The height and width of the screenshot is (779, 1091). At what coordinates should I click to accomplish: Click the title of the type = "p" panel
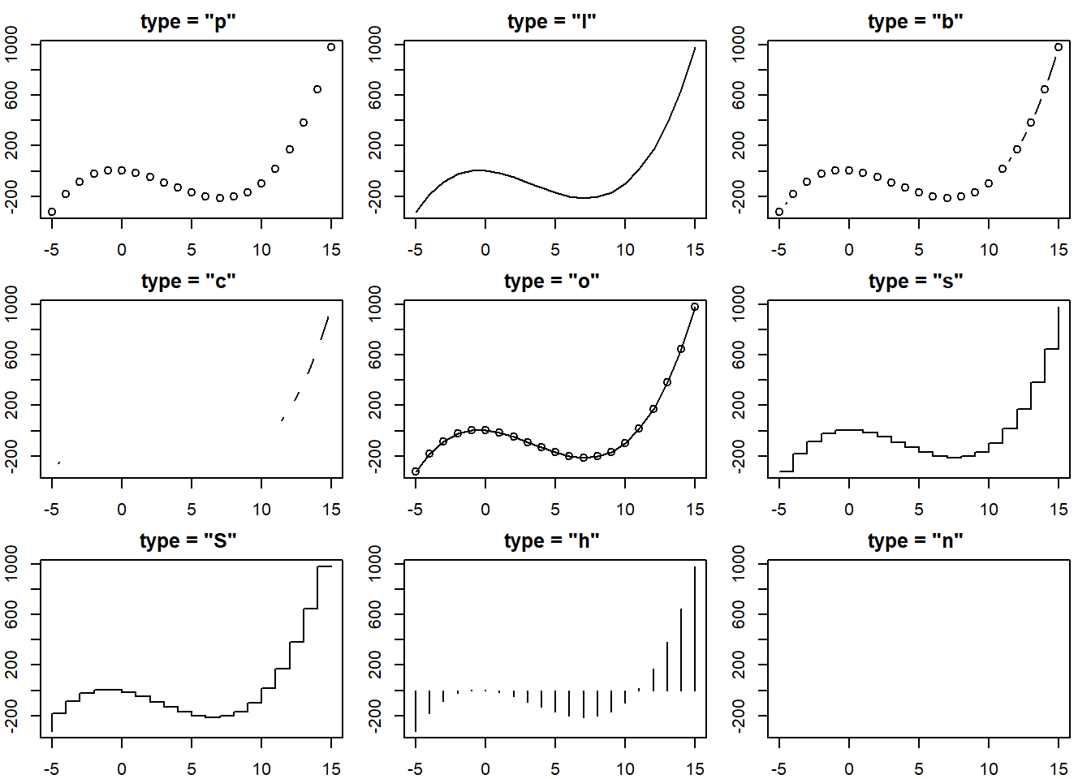click(x=188, y=22)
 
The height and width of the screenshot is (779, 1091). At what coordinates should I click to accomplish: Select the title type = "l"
click(x=552, y=22)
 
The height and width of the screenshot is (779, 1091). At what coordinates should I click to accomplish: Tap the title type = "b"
click(x=915, y=22)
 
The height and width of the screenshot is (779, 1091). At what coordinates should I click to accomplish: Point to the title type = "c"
click(x=188, y=282)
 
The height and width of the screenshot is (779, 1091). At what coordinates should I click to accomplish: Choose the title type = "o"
click(x=552, y=282)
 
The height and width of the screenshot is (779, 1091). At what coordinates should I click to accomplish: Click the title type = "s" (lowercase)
click(x=915, y=282)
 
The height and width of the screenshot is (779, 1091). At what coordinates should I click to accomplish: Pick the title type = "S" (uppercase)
click(x=188, y=541)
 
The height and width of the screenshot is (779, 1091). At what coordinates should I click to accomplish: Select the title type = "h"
click(x=552, y=541)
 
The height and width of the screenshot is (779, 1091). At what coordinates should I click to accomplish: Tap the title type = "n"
click(x=915, y=541)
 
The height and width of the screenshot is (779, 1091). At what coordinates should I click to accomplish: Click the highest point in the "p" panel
click(x=331, y=47)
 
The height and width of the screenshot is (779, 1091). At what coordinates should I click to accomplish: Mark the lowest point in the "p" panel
click(x=52, y=212)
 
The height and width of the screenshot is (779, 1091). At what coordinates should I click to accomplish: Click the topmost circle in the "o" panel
click(x=695, y=307)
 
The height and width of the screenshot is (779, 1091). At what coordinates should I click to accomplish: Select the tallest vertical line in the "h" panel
click(x=695, y=629)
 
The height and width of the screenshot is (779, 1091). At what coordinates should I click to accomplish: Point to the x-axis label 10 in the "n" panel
click(x=989, y=768)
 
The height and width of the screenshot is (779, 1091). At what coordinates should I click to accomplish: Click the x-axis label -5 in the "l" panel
click(x=415, y=249)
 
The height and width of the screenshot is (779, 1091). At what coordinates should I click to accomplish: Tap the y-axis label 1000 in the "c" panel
click(x=11, y=303)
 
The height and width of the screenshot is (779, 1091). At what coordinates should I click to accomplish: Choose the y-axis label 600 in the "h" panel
click(x=375, y=614)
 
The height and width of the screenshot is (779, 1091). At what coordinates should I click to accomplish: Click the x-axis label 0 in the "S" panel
click(x=122, y=768)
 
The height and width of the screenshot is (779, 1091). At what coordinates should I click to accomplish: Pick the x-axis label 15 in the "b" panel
click(x=1059, y=249)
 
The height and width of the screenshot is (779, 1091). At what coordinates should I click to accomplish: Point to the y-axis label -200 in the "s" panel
click(x=739, y=456)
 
